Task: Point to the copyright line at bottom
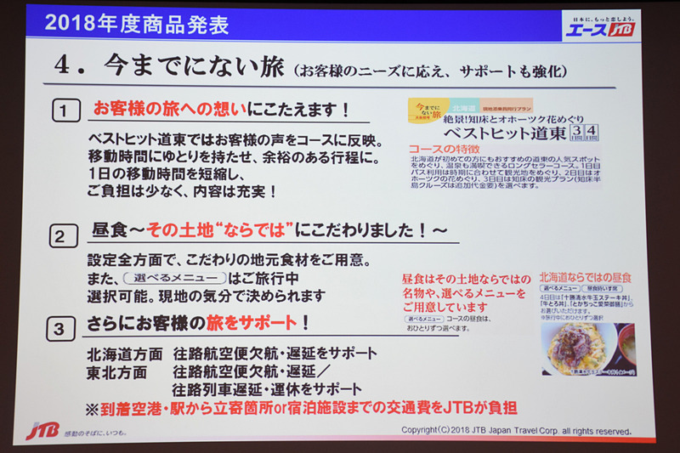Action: pyautogui.click(x=515, y=429)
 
